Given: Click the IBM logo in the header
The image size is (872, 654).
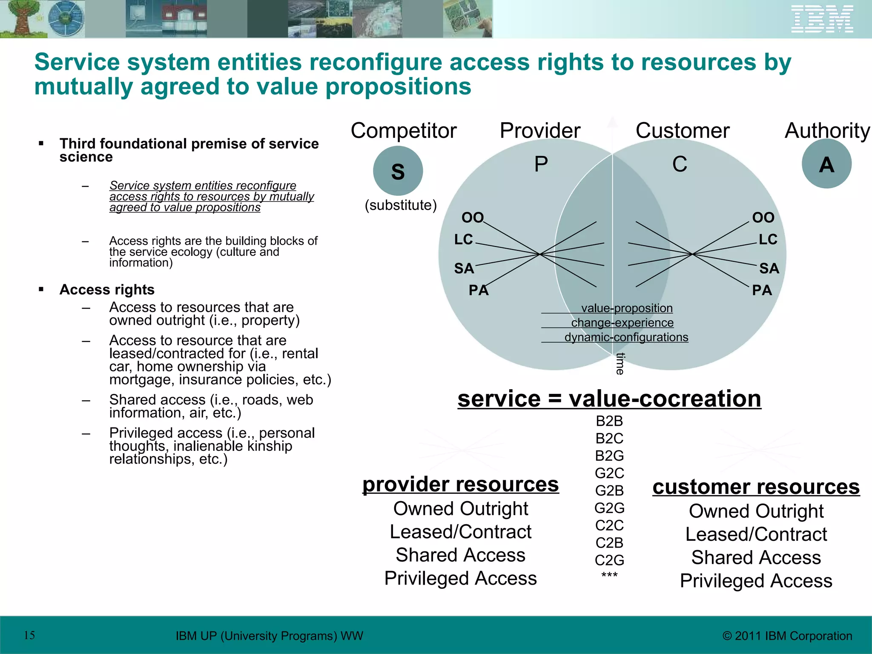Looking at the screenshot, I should pos(822,19).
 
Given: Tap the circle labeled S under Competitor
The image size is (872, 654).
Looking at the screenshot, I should pos(398,171).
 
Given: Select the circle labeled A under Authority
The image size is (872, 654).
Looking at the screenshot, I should pos(826,164).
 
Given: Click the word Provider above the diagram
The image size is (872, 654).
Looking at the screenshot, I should pos(540,130).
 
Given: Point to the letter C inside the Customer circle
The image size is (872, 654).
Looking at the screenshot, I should pos(680,164).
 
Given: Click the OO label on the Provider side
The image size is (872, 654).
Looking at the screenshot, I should pos(473,218).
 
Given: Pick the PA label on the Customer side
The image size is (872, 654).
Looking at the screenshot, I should pos(762,290).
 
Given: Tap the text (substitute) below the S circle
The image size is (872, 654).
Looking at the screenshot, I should pos(401,205).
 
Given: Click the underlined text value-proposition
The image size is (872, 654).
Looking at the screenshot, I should pos(627,308).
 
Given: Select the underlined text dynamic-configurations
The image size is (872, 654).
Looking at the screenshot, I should pos(626,337).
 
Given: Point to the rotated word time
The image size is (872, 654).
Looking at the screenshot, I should pos(620,364).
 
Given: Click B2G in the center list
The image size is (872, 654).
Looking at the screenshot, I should pos(609,456).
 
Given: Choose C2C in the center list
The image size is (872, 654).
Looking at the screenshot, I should pos(609,525).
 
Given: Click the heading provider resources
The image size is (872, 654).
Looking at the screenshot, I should pos(460,485).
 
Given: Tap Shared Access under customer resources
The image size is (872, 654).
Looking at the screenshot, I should pos(756,557).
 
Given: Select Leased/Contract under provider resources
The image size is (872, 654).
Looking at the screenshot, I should pos(460,532).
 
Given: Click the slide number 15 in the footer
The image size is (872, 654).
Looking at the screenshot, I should pos(29,635).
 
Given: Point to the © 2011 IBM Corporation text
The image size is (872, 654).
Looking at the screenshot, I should pos(787,636).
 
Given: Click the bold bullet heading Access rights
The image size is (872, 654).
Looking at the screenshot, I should pos(107,290).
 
